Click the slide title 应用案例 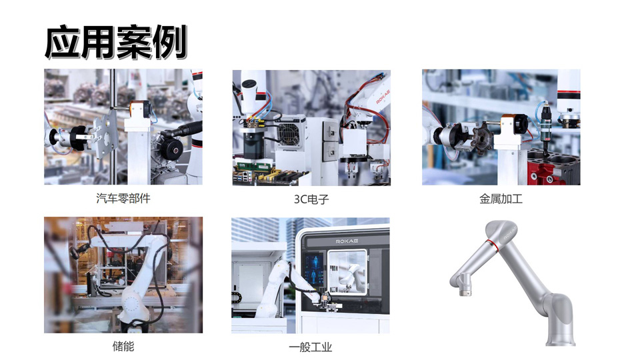(x=116, y=42)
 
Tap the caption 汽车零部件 (x=123, y=199)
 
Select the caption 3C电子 (x=311, y=199)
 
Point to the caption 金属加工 (x=501, y=199)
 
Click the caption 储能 (x=123, y=347)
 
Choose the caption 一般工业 (x=311, y=347)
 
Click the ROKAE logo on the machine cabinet (x=347, y=241)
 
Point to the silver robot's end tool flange (x=464, y=291)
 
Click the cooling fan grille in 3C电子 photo (x=289, y=132)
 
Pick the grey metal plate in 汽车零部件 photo (x=105, y=135)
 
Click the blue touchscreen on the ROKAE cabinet (x=314, y=271)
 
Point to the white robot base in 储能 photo (x=133, y=306)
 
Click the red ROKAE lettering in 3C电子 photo (x=383, y=97)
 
